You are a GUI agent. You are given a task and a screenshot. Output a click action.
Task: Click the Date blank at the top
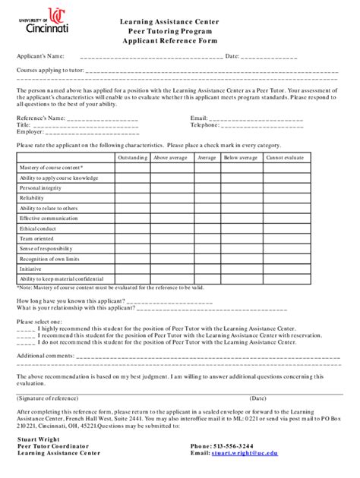(x=270, y=57)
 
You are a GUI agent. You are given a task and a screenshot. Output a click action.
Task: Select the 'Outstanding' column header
(x=132, y=158)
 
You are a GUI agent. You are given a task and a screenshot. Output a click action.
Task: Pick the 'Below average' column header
(x=240, y=158)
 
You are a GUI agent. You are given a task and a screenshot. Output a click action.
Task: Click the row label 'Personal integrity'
(x=41, y=187)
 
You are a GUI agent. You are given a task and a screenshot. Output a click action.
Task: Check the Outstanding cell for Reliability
(x=132, y=197)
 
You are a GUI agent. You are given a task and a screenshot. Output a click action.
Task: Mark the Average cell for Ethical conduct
(x=206, y=228)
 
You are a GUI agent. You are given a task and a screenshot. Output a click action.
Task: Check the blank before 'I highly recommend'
(x=24, y=329)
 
